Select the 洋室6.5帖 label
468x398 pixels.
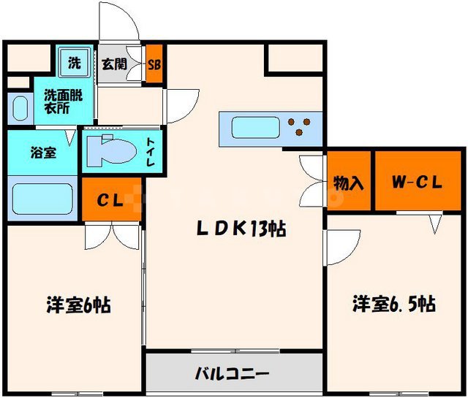point(394,303)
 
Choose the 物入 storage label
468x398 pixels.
point(348,183)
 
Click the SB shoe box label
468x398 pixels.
point(154,64)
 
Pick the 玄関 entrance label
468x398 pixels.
point(115,64)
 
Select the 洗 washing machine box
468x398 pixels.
point(75,62)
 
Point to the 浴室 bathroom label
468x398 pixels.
point(41,153)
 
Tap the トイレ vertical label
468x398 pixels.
point(151,153)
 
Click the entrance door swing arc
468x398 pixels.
point(120,22)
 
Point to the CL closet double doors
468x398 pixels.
point(111,235)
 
